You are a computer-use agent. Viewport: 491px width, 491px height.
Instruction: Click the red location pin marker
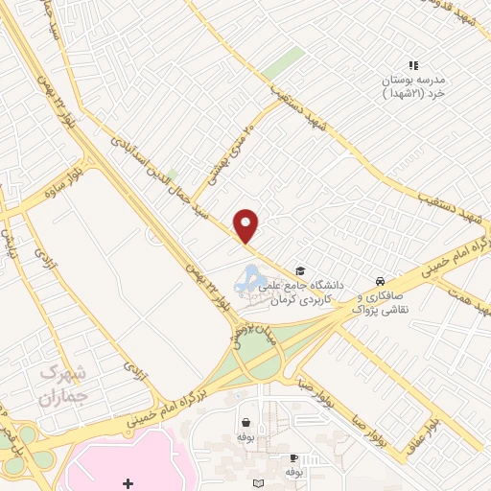pos(246,225)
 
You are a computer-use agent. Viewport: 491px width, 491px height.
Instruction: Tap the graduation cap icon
pos(300,271)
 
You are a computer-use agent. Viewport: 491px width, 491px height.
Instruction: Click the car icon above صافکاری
pos(382,281)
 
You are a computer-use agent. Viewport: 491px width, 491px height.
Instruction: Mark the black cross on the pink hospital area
pos(129,483)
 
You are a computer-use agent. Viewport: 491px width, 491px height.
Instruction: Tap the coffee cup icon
pos(294,459)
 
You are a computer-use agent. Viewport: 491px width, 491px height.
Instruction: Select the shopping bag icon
pos(247,422)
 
